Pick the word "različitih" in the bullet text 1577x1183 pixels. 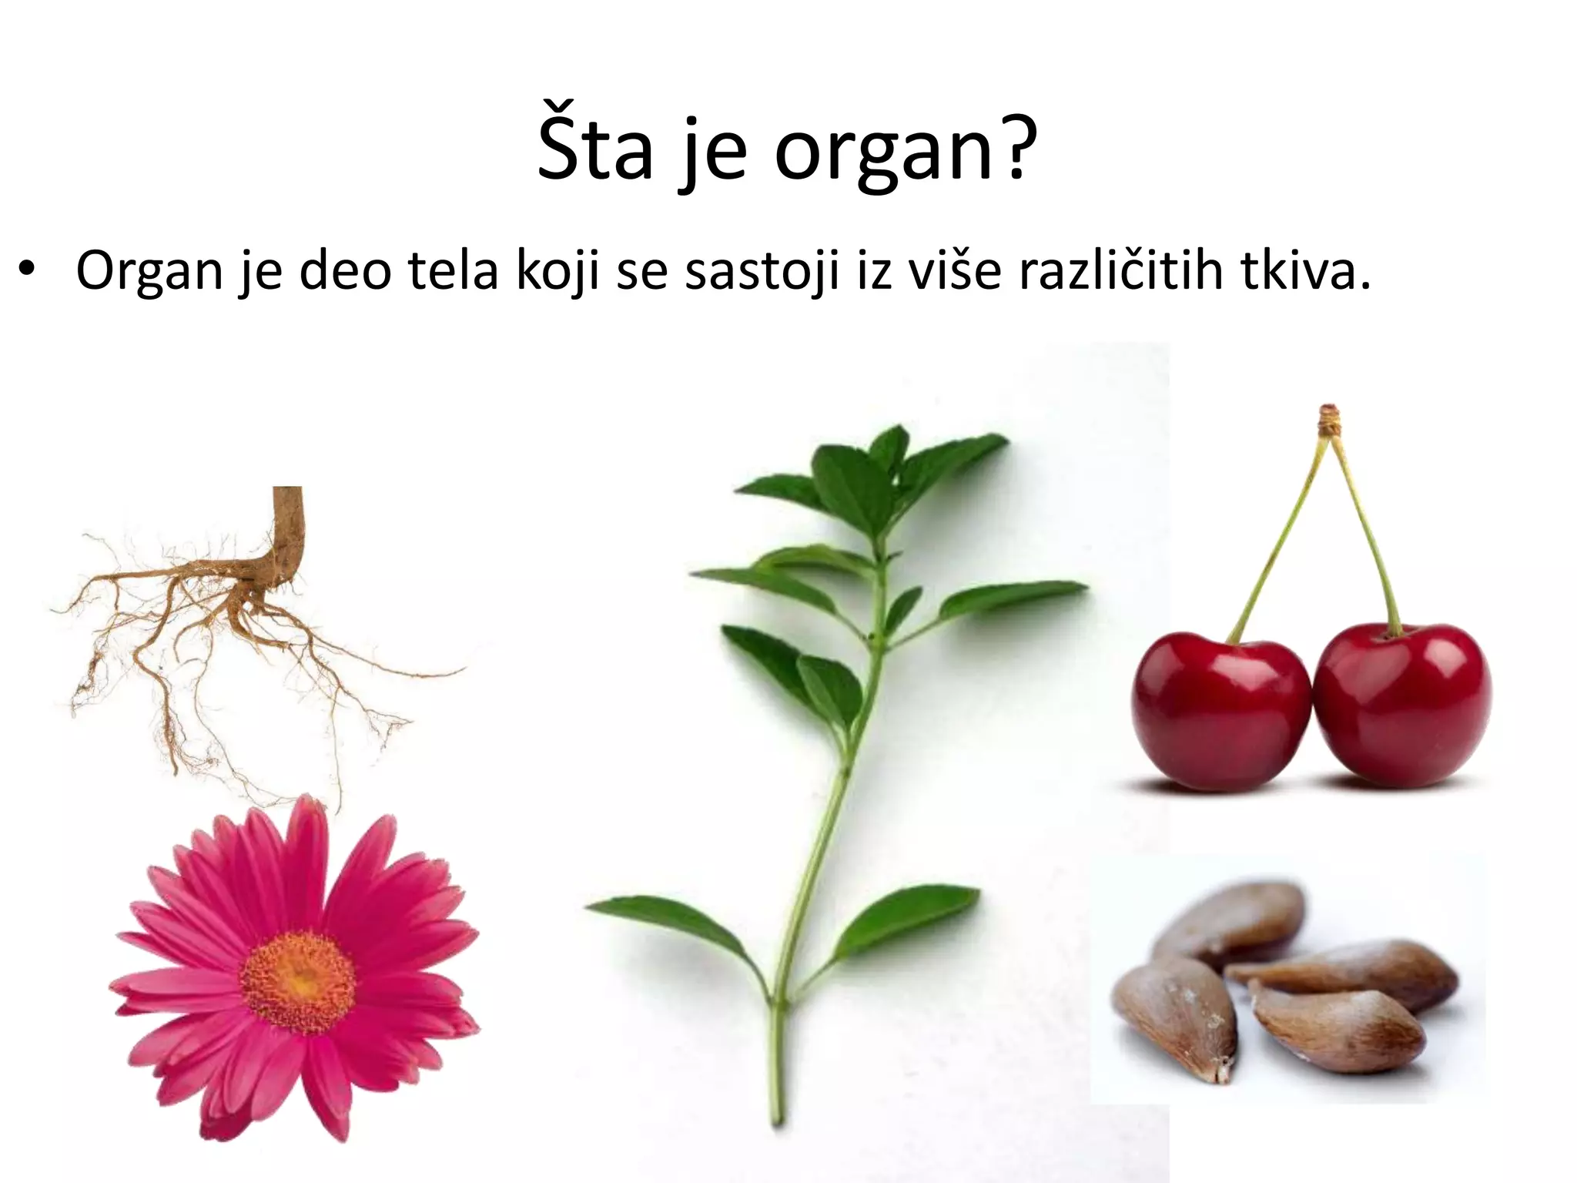click(1120, 271)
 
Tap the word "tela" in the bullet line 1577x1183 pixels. click(453, 271)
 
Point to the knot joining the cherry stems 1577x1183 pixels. click(1328, 418)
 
